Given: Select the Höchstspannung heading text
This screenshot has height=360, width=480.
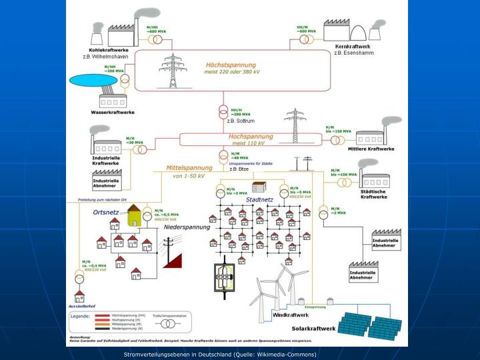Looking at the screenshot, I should click(231, 65).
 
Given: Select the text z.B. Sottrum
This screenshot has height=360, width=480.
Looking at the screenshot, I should click(241, 121).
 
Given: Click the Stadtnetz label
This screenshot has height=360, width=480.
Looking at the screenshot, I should click(259, 199).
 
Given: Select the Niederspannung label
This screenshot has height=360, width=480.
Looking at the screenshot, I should click(187, 227).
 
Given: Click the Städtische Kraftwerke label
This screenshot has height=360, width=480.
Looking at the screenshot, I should click(373, 194).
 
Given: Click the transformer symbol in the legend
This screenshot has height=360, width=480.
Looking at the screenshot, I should click(170, 324).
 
